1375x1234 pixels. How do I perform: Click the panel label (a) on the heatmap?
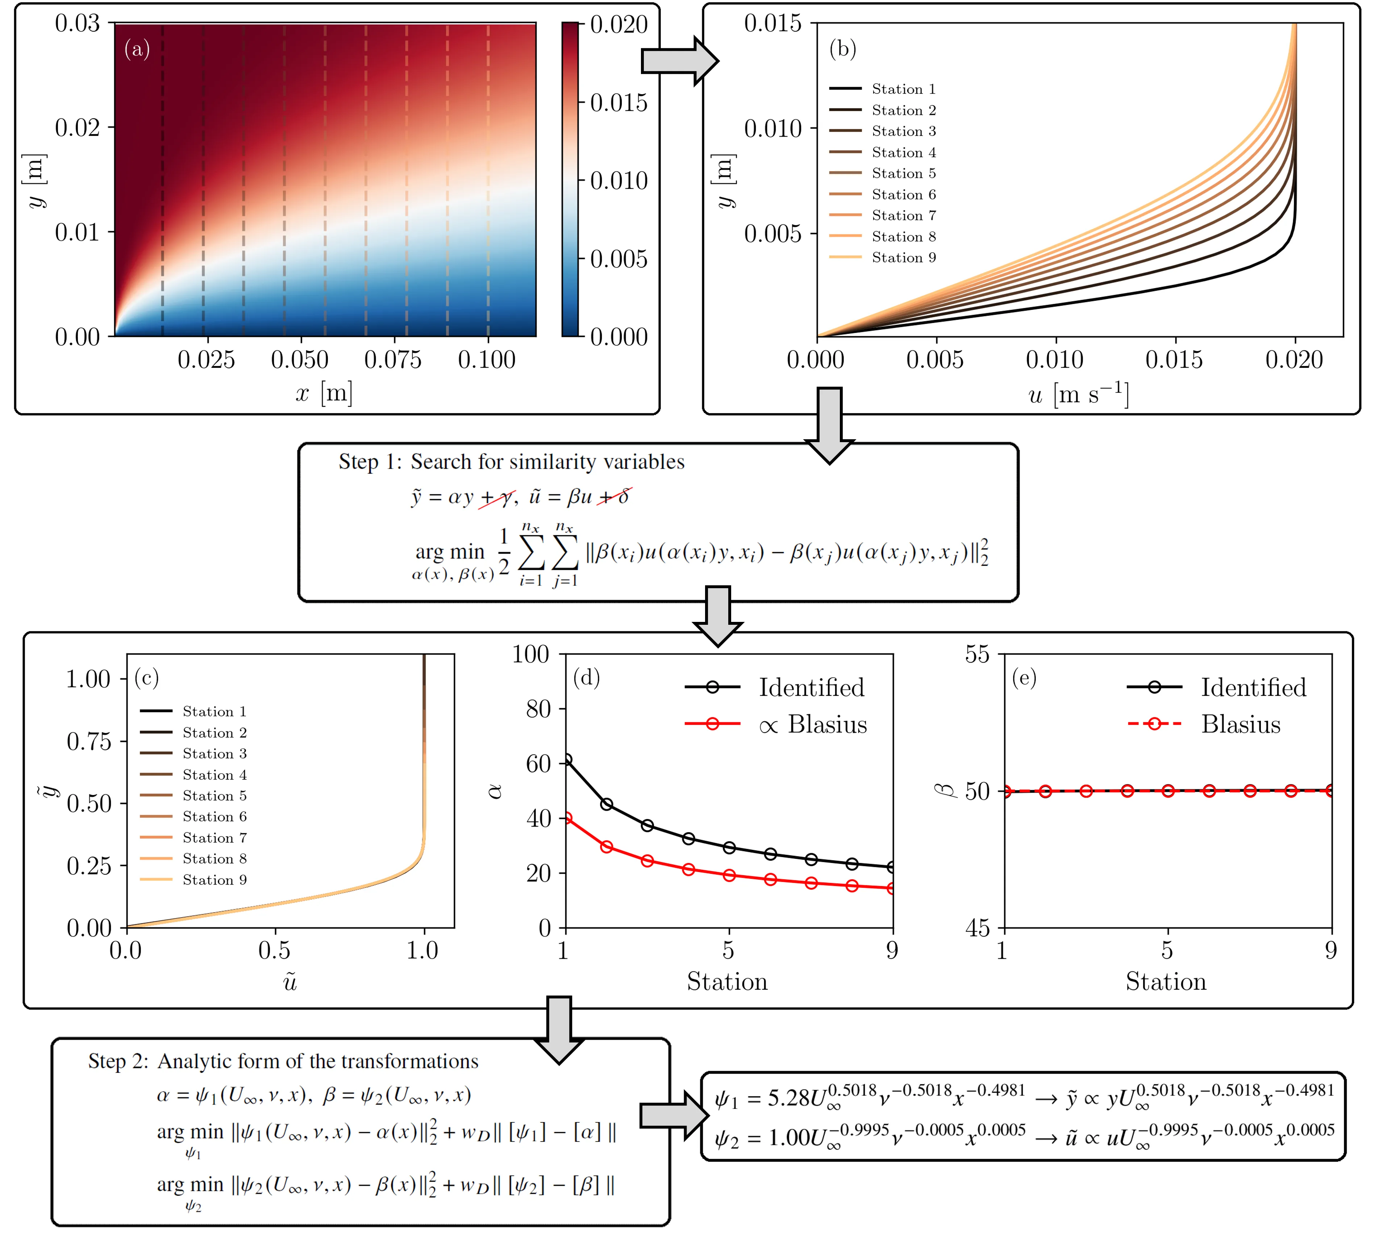(x=137, y=50)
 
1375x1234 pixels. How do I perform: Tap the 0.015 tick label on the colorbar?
(x=618, y=103)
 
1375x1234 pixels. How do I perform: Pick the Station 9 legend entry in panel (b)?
(x=903, y=258)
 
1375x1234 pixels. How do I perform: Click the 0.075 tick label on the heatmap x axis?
(x=393, y=360)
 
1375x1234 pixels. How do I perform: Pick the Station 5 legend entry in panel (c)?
(x=214, y=796)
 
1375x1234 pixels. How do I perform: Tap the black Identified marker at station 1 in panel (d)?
(x=567, y=760)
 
